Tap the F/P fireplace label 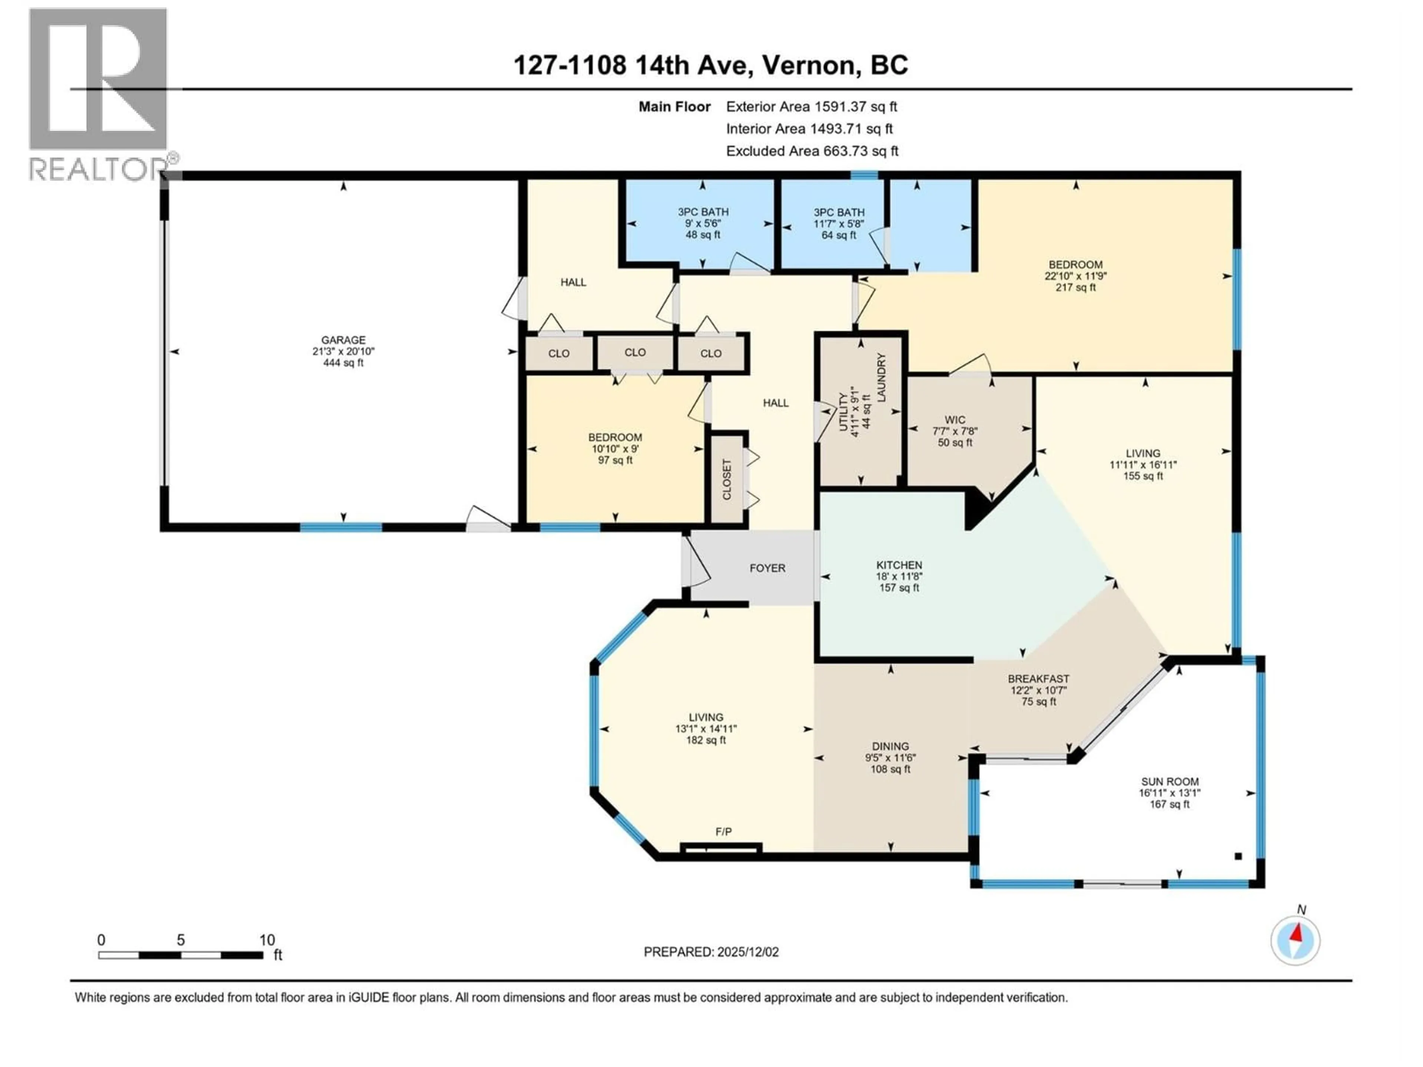coord(723,832)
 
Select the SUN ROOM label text coord(1169,781)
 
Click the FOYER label coord(767,568)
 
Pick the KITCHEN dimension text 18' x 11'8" coord(899,576)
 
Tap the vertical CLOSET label coord(727,479)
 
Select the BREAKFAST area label coord(1038,678)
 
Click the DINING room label coord(890,746)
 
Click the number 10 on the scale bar coord(267,940)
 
